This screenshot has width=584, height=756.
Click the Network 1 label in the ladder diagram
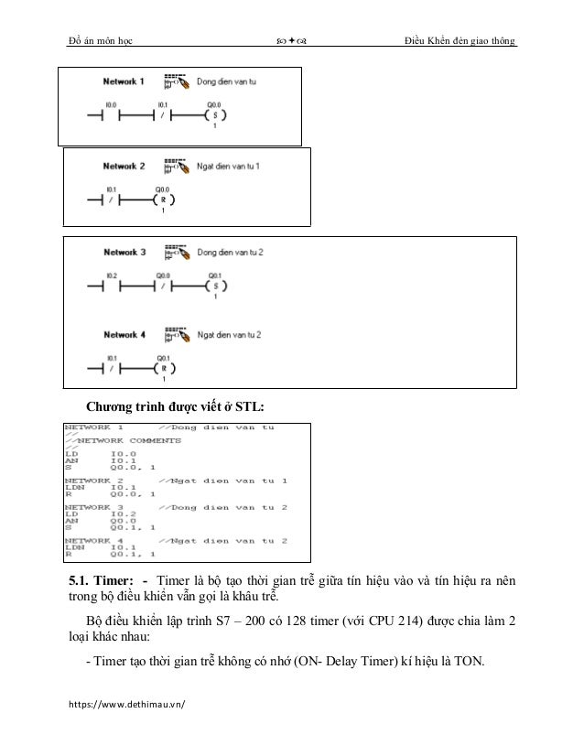(x=122, y=81)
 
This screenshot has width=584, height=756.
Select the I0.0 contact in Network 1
(x=111, y=117)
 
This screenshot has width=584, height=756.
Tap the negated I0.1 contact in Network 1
(x=162, y=117)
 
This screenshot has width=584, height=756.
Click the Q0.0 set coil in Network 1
(x=214, y=117)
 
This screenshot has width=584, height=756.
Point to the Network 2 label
(x=124, y=167)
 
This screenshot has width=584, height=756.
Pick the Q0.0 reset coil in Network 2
(x=163, y=202)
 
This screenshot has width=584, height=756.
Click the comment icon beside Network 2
(x=174, y=167)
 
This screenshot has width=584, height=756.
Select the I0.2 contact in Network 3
(x=111, y=286)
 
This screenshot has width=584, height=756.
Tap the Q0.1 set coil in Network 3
(x=214, y=286)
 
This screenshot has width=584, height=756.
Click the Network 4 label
(x=124, y=335)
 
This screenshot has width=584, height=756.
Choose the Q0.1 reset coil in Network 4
(x=163, y=370)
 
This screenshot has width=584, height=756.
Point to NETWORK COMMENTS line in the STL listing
(x=123, y=440)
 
